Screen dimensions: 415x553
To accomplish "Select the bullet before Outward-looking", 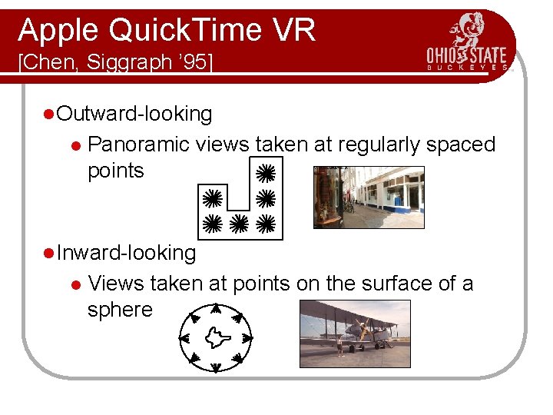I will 48,115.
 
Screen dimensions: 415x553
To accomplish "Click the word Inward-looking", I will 127,253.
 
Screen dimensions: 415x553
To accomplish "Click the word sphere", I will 120,310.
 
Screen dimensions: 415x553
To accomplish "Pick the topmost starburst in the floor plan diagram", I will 265,171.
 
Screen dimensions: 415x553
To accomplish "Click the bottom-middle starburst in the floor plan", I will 239,224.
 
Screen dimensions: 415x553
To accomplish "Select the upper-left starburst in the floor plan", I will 213,198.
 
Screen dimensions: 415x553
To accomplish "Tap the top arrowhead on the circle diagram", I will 216,308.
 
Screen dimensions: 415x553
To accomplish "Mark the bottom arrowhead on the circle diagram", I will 216,365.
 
